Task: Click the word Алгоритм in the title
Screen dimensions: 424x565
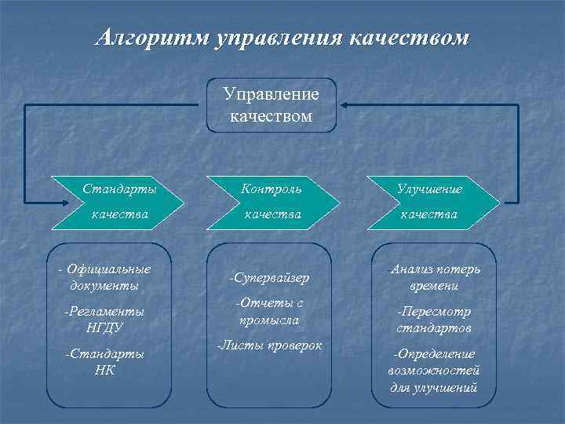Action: point(151,37)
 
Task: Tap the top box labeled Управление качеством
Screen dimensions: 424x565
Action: point(272,105)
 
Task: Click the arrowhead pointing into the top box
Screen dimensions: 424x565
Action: point(344,104)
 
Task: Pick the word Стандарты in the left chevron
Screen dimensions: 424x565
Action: point(120,189)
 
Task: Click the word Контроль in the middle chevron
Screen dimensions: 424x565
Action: point(272,189)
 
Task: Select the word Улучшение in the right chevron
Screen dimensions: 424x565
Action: point(429,189)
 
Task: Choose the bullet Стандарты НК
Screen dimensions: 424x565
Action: point(104,361)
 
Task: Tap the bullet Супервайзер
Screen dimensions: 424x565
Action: point(268,278)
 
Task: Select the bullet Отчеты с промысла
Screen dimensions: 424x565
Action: point(268,312)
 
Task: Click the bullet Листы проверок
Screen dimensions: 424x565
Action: point(269,345)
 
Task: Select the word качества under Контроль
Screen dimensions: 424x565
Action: point(272,214)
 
